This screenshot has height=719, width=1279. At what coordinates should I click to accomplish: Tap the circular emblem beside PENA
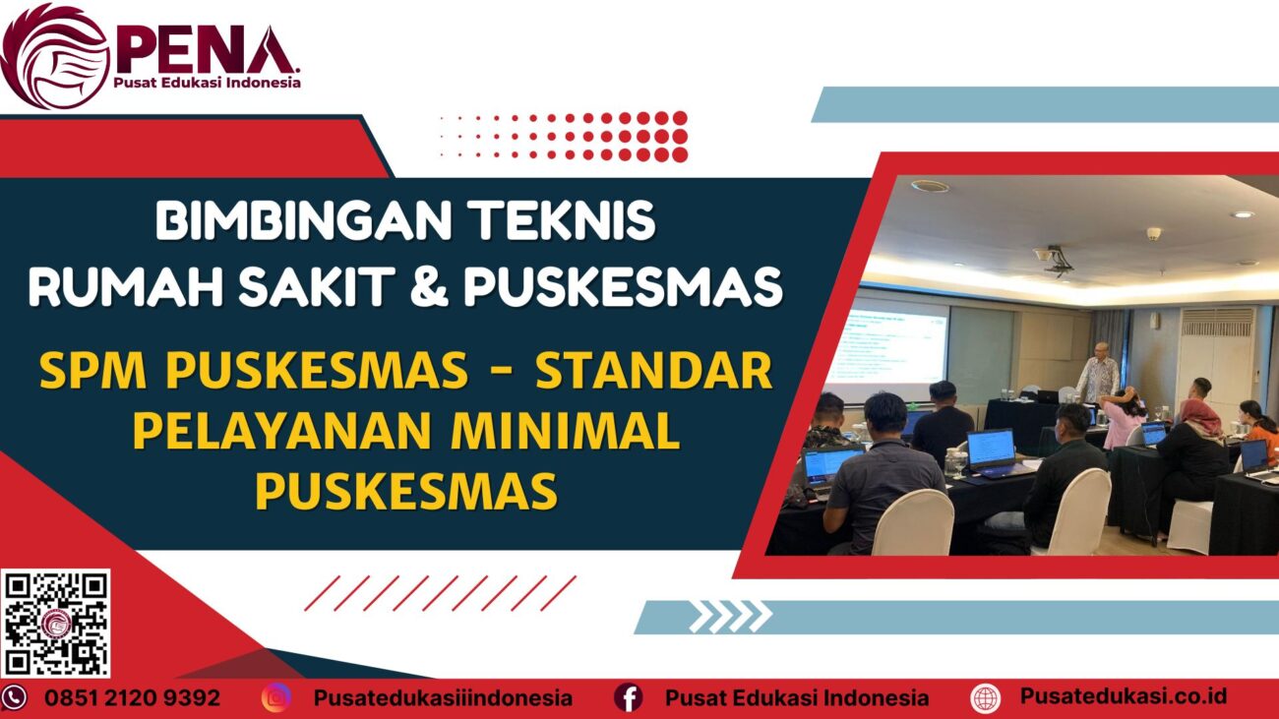54,55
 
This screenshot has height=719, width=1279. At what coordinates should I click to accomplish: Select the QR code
55,623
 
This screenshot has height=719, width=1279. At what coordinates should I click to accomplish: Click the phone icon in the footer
14,698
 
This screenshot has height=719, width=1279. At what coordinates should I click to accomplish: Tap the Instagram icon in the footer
276,698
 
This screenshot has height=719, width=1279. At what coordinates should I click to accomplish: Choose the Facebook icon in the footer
628,698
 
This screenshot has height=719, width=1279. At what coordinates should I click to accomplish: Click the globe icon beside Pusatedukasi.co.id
985,698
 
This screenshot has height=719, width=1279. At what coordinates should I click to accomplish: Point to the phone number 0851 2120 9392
132,698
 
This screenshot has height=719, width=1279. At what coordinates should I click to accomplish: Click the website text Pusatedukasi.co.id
1123,696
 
